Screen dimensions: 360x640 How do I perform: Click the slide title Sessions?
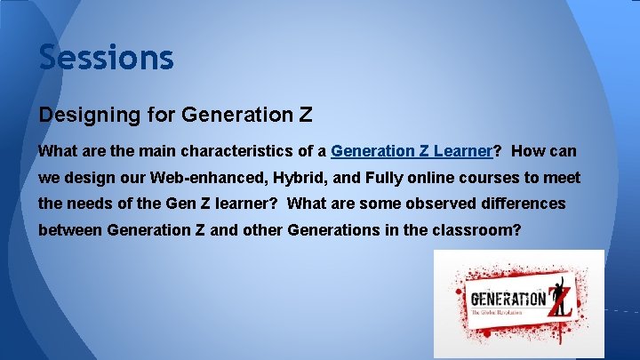(x=106, y=58)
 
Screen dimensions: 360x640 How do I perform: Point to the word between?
(x=70, y=229)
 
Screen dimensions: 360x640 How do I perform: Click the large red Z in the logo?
(x=558, y=300)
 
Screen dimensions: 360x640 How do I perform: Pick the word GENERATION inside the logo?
(x=508, y=299)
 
